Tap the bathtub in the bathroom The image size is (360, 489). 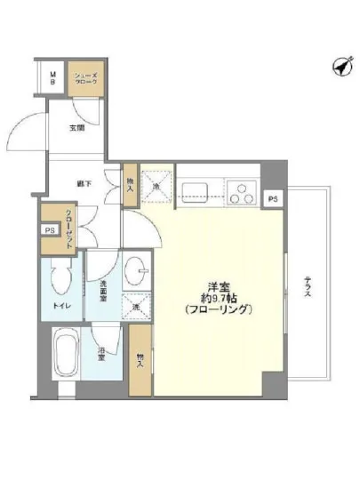64,357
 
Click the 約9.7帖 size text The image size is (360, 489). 217,299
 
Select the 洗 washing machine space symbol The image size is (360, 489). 137,306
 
